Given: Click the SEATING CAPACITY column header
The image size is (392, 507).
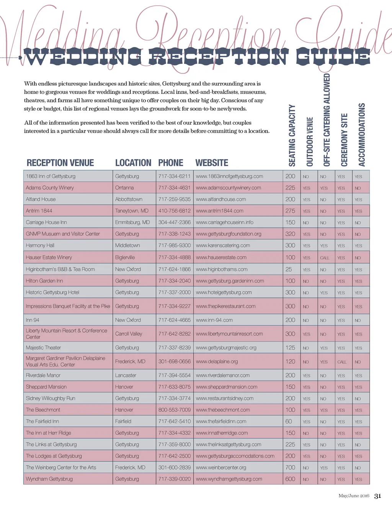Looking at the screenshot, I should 292,135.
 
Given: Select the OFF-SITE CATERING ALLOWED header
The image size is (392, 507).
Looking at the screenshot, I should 327,120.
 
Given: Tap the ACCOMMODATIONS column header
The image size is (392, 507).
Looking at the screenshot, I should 361,135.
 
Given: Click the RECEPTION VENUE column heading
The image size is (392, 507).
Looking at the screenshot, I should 60,163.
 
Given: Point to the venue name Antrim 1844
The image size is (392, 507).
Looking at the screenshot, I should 39,211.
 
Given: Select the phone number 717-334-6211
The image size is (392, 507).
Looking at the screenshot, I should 174,176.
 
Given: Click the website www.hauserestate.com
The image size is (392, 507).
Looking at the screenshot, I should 221,257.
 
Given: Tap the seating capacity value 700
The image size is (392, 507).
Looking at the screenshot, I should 290,467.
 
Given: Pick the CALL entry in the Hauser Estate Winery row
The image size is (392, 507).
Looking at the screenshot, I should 325,258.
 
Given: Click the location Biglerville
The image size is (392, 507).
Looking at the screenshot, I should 125,257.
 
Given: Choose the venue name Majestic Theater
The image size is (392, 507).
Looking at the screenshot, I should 43,348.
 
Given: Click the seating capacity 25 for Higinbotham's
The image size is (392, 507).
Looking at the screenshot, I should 289,269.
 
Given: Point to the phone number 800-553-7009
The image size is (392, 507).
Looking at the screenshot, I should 174,410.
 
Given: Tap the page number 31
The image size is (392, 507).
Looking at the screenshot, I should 377,496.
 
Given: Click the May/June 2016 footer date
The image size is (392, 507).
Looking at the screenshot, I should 354,496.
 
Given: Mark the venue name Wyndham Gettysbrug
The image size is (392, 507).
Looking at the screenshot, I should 49,479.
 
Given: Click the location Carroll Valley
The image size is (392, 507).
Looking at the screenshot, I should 129,334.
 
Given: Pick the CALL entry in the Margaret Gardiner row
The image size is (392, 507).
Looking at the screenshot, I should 342,362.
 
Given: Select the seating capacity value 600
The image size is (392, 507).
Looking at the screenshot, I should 290,479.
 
